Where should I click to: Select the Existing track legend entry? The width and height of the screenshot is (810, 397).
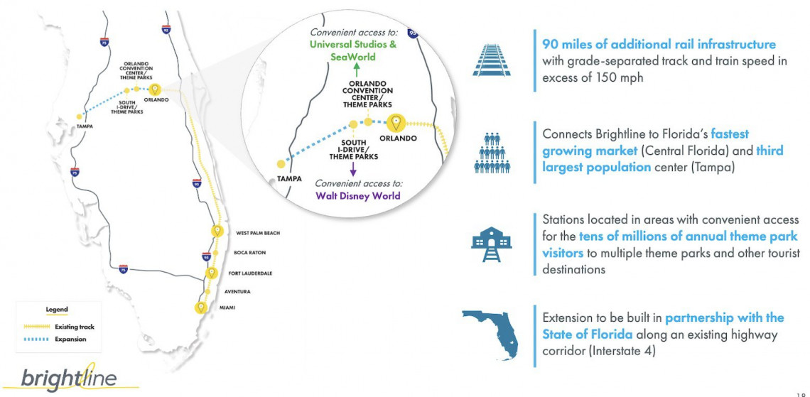tap(60, 327)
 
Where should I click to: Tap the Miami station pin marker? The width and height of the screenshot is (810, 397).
tap(201, 308)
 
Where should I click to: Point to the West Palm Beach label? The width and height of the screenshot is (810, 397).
tap(258, 234)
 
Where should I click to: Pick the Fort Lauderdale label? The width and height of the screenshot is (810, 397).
tap(250, 273)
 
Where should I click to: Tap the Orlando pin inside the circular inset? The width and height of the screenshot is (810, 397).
tap(396, 123)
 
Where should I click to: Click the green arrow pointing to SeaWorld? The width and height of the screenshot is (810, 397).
tap(357, 70)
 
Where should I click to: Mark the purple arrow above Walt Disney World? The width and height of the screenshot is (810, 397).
tap(353, 169)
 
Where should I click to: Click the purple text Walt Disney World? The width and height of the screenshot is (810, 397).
tap(358, 196)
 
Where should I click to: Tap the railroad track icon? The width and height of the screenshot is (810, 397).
tap(491, 60)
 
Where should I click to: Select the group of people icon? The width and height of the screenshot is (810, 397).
tap(492, 153)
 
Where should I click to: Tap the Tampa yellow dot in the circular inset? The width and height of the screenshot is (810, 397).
tap(281, 164)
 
